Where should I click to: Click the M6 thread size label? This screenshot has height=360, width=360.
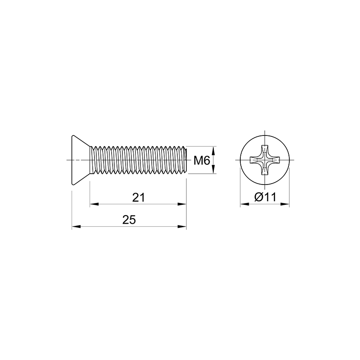[x=202, y=161]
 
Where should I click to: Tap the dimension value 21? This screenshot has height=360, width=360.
[x=139, y=197]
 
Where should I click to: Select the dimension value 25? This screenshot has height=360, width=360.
[x=129, y=220]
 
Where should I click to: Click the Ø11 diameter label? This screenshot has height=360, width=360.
[x=265, y=197]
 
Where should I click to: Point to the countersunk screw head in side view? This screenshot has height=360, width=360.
[x=81, y=160]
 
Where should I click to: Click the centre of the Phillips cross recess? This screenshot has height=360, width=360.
[x=265, y=160]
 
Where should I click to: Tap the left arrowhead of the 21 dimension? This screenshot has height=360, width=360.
[x=94, y=204]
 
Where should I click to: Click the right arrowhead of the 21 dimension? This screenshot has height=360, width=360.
[x=182, y=204]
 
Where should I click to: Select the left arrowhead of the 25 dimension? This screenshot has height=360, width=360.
[x=76, y=227]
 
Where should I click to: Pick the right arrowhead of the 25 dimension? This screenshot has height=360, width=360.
[x=182, y=227]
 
